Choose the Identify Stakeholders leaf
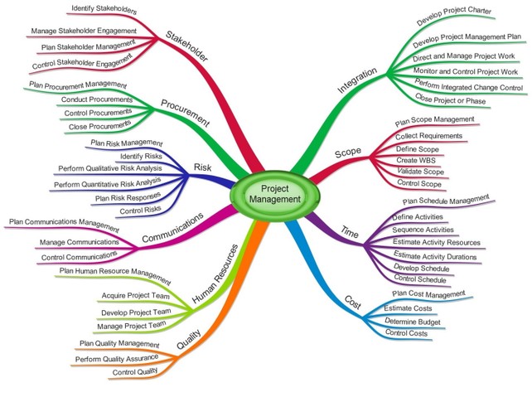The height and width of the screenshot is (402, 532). [x=104, y=12]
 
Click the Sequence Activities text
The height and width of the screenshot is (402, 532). [x=423, y=230]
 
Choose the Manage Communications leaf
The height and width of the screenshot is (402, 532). [x=79, y=244]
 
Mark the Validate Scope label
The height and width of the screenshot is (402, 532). [x=419, y=172]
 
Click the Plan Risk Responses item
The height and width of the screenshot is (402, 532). [x=128, y=198]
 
